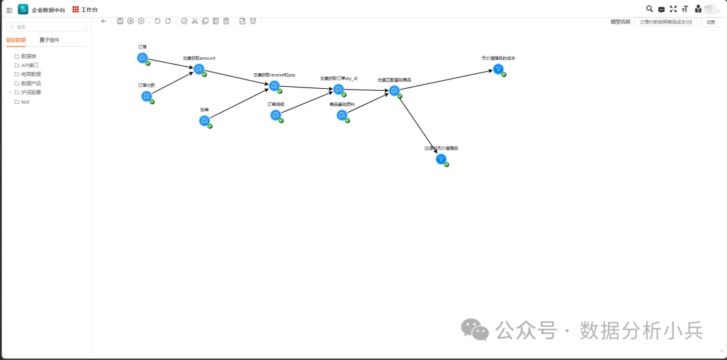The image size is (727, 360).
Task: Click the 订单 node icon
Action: click(x=143, y=58)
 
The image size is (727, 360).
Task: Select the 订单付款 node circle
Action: click(x=147, y=96)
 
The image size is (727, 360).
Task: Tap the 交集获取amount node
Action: click(x=199, y=69)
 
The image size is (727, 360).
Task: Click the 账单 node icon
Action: click(x=205, y=120)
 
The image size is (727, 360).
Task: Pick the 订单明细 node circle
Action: click(x=276, y=115)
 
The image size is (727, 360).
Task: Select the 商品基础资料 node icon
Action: click(x=342, y=115)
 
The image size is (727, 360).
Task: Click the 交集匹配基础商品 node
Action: click(x=394, y=91)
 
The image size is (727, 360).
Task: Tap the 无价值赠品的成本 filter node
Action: click(x=498, y=69)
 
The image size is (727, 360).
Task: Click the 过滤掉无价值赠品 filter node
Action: click(x=441, y=159)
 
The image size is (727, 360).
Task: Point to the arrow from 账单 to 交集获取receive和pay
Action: click(x=239, y=104)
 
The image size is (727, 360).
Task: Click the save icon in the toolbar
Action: click(x=120, y=21)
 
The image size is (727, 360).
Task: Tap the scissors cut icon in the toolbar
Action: click(x=195, y=21)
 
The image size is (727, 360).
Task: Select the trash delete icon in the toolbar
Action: click(x=226, y=21)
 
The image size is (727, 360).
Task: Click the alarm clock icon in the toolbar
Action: click(x=253, y=21)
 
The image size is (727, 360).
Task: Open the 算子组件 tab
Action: click(x=49, y=40)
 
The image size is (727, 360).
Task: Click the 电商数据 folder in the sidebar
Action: click(x=31, y=74)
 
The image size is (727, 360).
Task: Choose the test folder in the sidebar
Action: click(x=25, y=102)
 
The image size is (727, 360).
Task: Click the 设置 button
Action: click(x=710, y=22)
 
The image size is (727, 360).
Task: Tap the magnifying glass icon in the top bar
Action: click(x=650, y=9)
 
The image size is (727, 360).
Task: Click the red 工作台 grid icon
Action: click(x=75, y=9)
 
